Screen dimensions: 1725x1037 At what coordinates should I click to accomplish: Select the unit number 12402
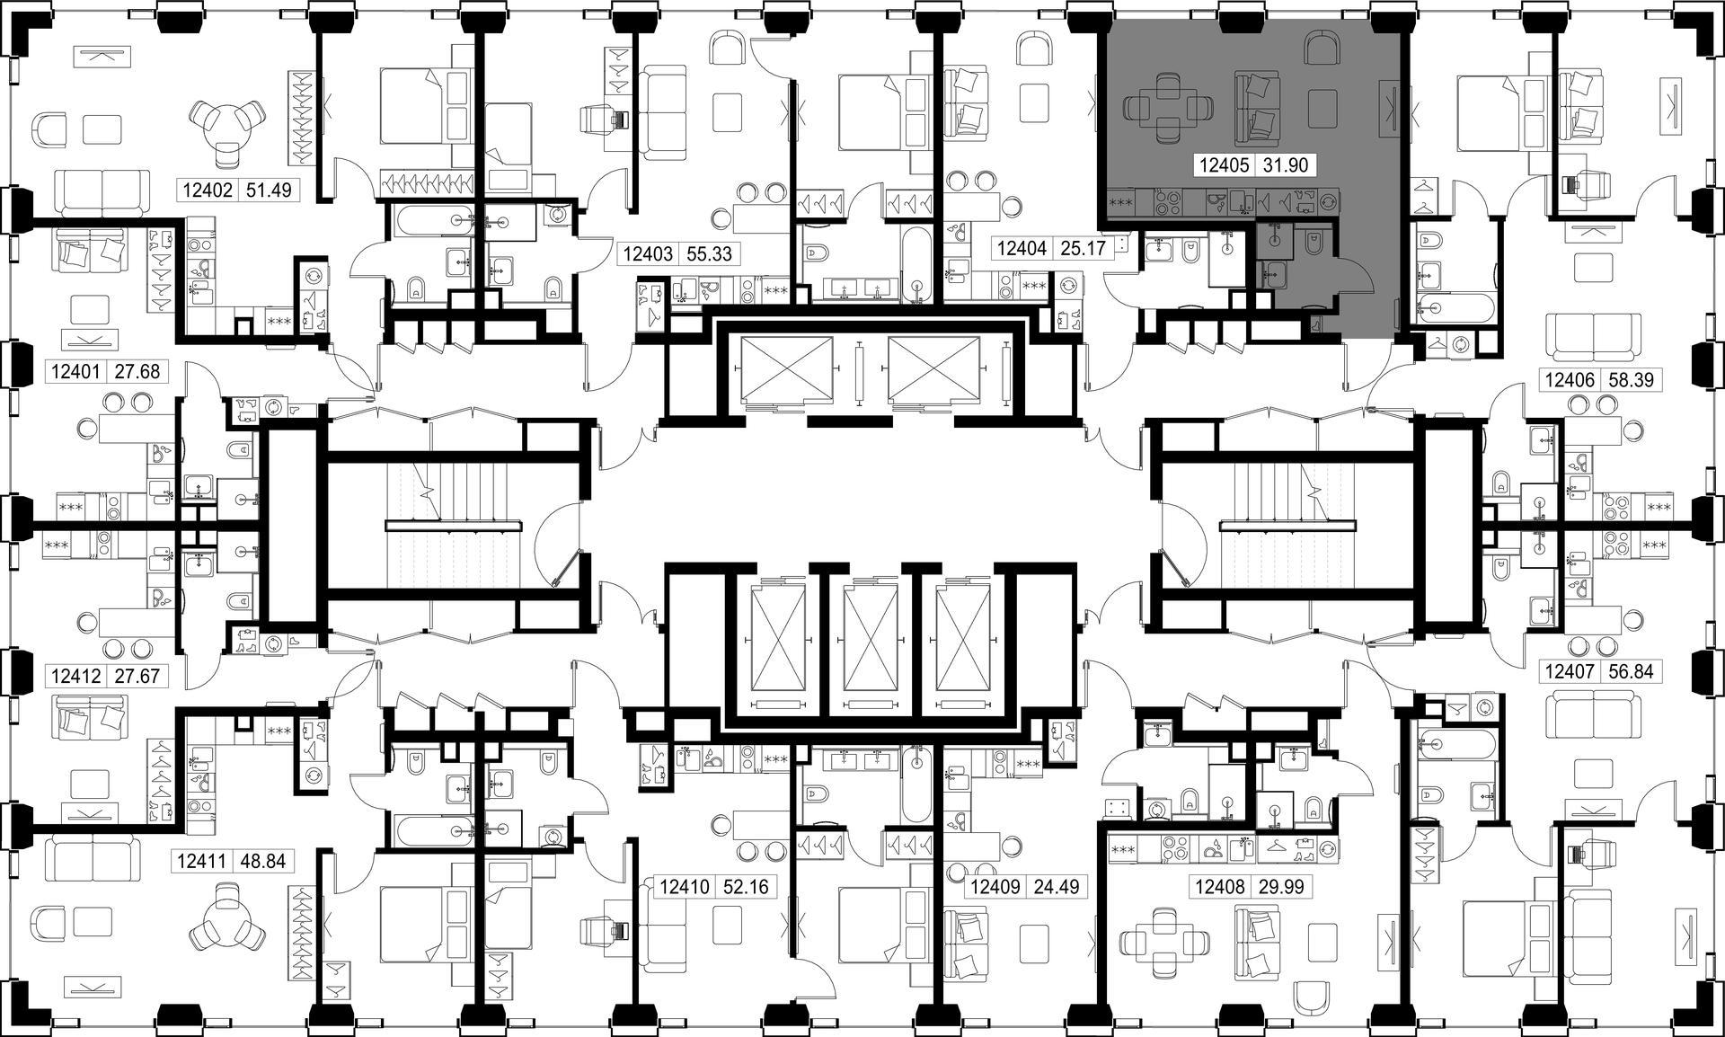coord(208,191)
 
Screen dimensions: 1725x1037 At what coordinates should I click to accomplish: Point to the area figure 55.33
coord(709,254)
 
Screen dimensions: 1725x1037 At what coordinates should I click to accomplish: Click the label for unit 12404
coord(1022,247)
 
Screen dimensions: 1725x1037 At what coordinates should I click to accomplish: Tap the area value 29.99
coord(1287,888)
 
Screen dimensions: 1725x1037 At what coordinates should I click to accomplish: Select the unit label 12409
coord(995,888)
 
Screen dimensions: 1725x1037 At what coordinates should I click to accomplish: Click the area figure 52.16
coord(746,888)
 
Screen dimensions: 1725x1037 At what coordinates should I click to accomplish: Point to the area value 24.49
coord(1056,888)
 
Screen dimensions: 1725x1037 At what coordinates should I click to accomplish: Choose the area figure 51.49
coord(269,191)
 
